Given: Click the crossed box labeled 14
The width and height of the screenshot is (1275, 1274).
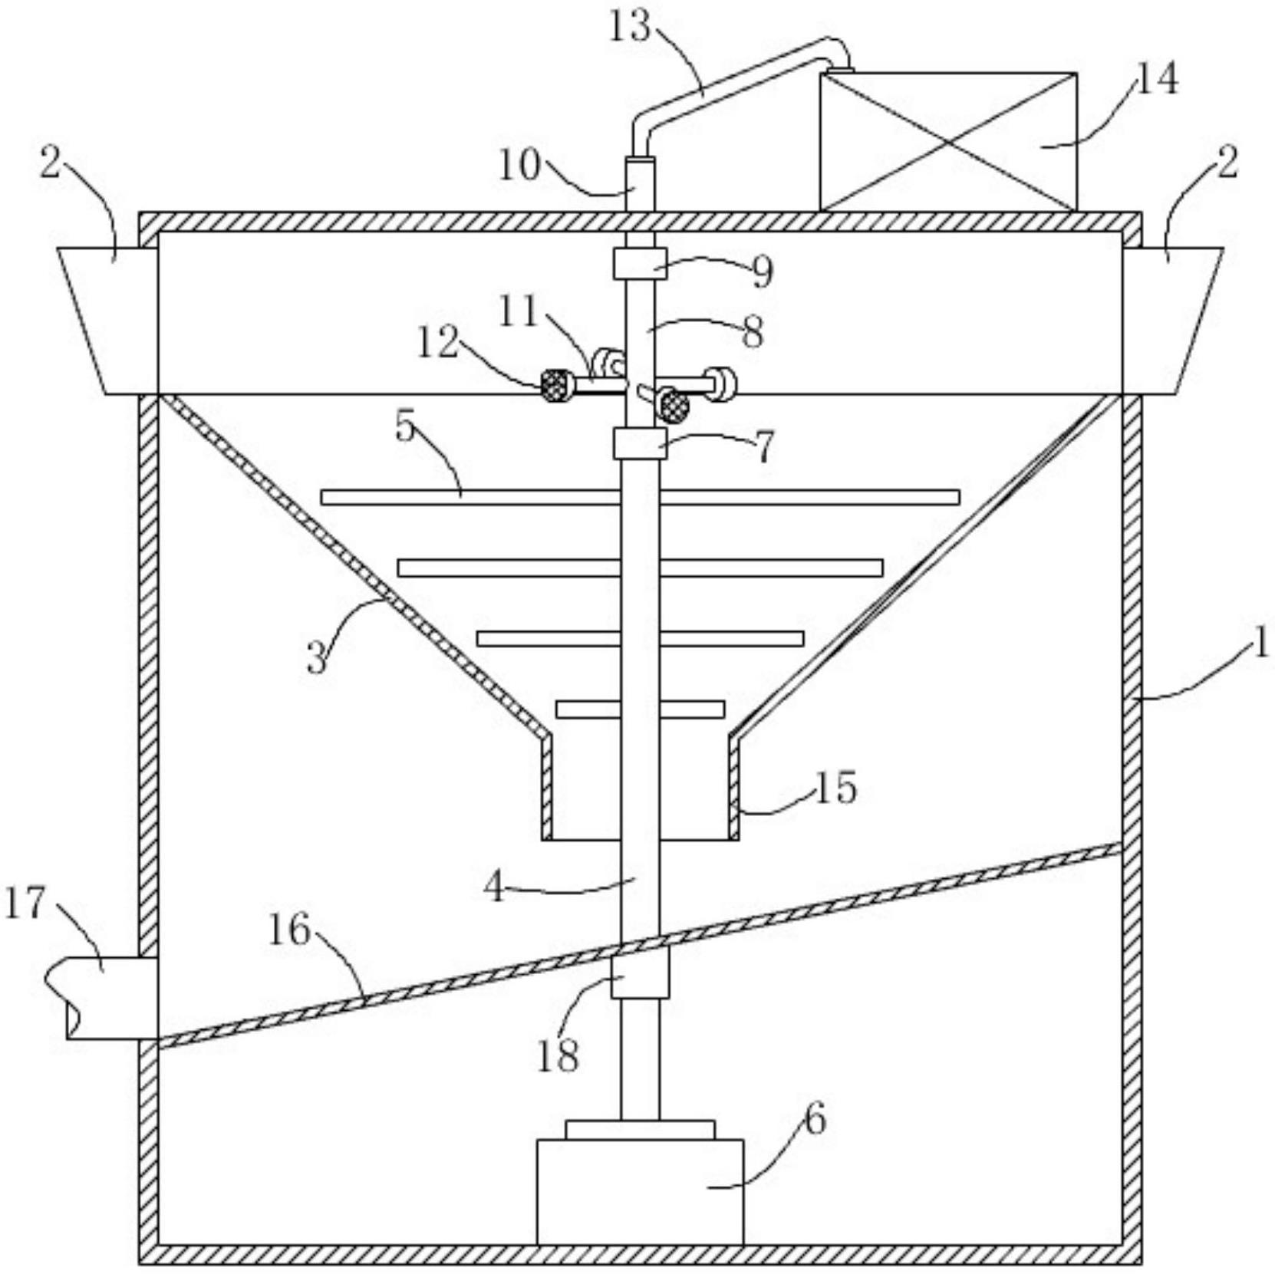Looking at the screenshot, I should click(x=947, y=142).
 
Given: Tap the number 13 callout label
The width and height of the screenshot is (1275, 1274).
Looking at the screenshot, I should click(x=630, y=27).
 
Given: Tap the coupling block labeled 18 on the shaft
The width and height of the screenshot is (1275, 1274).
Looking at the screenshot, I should click(x=639, y=972).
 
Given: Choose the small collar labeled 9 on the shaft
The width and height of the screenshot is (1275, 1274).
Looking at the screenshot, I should click(x=639, y=264).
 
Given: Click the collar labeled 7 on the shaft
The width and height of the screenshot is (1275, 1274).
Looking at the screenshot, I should click(x=639, y=444).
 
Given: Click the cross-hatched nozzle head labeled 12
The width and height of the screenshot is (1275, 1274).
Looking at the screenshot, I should click(x=557, y=384).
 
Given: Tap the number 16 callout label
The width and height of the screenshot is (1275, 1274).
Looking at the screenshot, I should click(x=289, y=930).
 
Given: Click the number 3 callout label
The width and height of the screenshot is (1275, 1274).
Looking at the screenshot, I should click(x=317, y=658).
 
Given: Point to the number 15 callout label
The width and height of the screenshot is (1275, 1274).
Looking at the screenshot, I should click(x=835, y=788).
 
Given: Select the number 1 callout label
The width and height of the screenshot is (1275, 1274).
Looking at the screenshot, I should click(x=1260, y=644).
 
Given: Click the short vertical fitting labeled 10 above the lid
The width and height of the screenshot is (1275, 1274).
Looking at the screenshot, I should click(x=640, y=184).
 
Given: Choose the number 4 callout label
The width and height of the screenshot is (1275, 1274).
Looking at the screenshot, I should click(x=495, y=887).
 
